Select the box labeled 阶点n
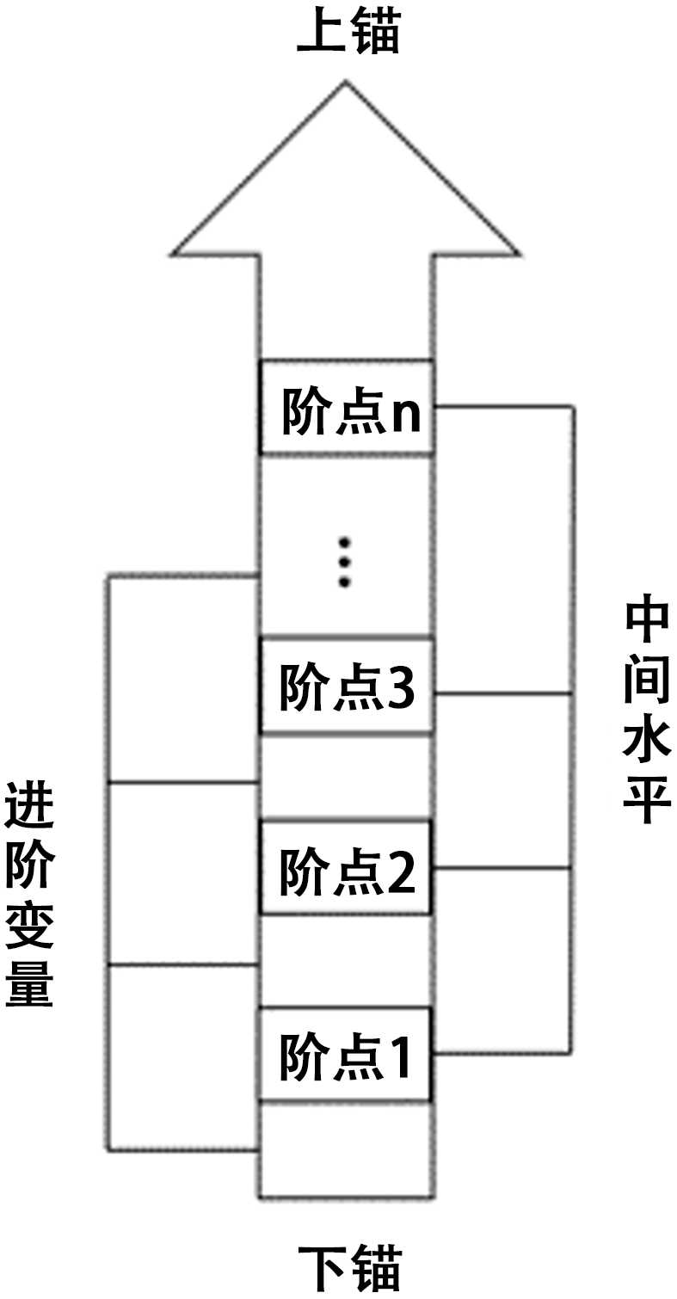tap(346, 408)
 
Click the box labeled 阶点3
tap(346, 686)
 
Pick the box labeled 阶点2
tap(346, 870)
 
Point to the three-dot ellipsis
tap(346, 562)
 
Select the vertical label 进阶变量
tap(29, 895)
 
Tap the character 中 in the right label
tap(646, 620)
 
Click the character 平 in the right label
tap(646, 803)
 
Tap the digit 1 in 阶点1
tap(399, 1056)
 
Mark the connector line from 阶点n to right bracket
tap(503, 406)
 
